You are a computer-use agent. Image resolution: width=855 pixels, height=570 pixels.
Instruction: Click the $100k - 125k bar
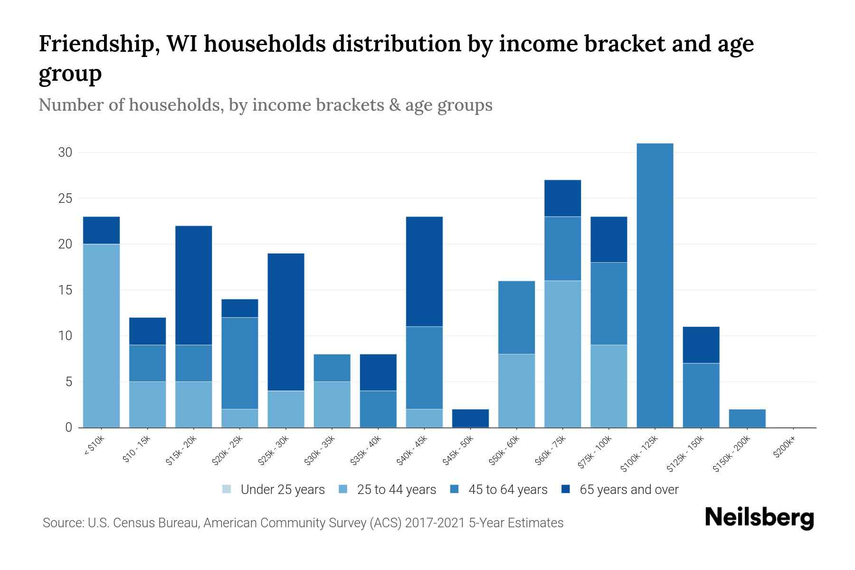(655, 285)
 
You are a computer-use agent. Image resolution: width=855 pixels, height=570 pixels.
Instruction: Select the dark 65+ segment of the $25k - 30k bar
(286, 322)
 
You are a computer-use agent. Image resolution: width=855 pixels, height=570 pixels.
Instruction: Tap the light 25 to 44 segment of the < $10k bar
(101, 335)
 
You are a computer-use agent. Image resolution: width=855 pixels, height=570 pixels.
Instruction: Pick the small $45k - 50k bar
(470, 418)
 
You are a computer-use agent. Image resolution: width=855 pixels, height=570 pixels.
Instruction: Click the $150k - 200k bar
(747, 418)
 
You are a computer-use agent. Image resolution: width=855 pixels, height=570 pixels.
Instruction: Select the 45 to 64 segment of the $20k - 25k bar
(240, 363)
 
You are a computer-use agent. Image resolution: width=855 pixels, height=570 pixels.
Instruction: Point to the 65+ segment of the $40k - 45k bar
(424, 271)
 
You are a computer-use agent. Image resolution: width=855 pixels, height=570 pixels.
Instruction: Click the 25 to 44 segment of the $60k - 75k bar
(562, 354)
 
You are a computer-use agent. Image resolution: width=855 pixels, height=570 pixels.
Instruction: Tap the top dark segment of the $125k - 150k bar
(701, 345)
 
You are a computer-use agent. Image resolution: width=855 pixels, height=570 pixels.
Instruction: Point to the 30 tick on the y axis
(65, 152)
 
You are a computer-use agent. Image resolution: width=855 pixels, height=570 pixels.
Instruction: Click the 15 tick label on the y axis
(65, 290)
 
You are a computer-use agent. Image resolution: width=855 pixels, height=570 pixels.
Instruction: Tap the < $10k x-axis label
(94, 446)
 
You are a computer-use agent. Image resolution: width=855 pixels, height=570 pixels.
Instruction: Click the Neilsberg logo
(759, 518)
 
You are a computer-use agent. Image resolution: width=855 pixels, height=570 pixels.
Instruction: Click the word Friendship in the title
(95, 44)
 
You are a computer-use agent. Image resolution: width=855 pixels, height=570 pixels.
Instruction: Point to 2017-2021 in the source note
(435, 523)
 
